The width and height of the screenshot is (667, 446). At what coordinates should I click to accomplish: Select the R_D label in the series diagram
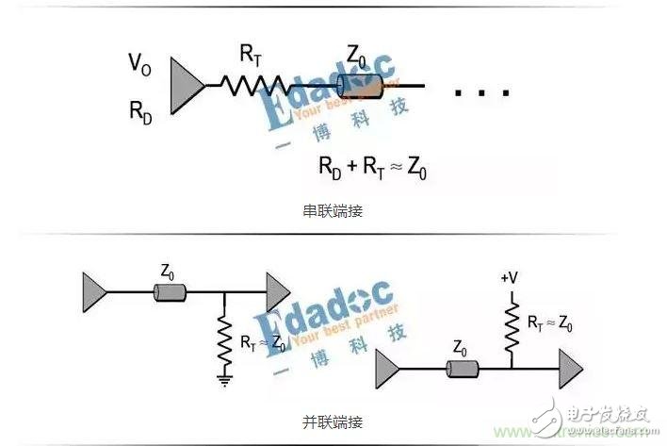(x=141, y=110)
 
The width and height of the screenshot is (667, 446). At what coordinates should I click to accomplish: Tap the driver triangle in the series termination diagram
(x=187, y=87)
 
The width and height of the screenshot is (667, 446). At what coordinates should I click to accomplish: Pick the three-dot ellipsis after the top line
(x=481, y=92)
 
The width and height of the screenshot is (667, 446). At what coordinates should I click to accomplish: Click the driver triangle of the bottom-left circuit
(x=96, y=289)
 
